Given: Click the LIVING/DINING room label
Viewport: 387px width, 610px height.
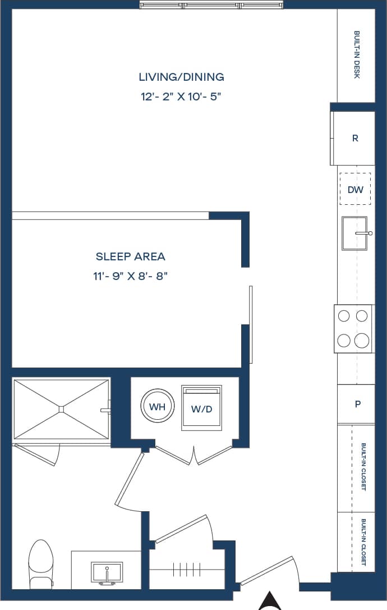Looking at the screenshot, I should [181, 77].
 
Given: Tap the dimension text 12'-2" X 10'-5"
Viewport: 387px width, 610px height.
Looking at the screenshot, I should [181, 97].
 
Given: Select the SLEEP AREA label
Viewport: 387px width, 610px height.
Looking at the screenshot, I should [130, 256].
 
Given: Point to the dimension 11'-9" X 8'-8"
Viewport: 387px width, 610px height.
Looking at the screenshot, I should [130, 276].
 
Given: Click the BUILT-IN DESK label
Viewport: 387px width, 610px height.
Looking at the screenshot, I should [357, 54].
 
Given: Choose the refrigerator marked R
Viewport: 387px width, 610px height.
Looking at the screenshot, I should [354, 138].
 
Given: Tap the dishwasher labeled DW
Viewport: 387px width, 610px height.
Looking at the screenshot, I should [355, 190].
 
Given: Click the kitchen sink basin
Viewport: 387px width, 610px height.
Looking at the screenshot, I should [353, 233].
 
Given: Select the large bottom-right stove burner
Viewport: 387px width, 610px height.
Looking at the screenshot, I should [362, 340].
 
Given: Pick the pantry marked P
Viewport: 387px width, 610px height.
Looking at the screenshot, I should [357, 404].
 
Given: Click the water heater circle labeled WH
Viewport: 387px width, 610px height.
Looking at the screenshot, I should [158, 407].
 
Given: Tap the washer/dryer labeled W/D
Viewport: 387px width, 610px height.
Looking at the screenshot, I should [201, 409].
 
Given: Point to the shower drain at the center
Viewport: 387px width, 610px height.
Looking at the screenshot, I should [61, 409].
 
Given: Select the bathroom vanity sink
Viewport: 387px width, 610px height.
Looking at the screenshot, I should [107, 573].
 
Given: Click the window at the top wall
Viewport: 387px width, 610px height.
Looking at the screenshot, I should [212, 5].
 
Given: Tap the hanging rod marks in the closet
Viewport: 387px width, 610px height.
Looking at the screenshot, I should [186, 570].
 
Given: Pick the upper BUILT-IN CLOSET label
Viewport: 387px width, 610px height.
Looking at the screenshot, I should [363, 467].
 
